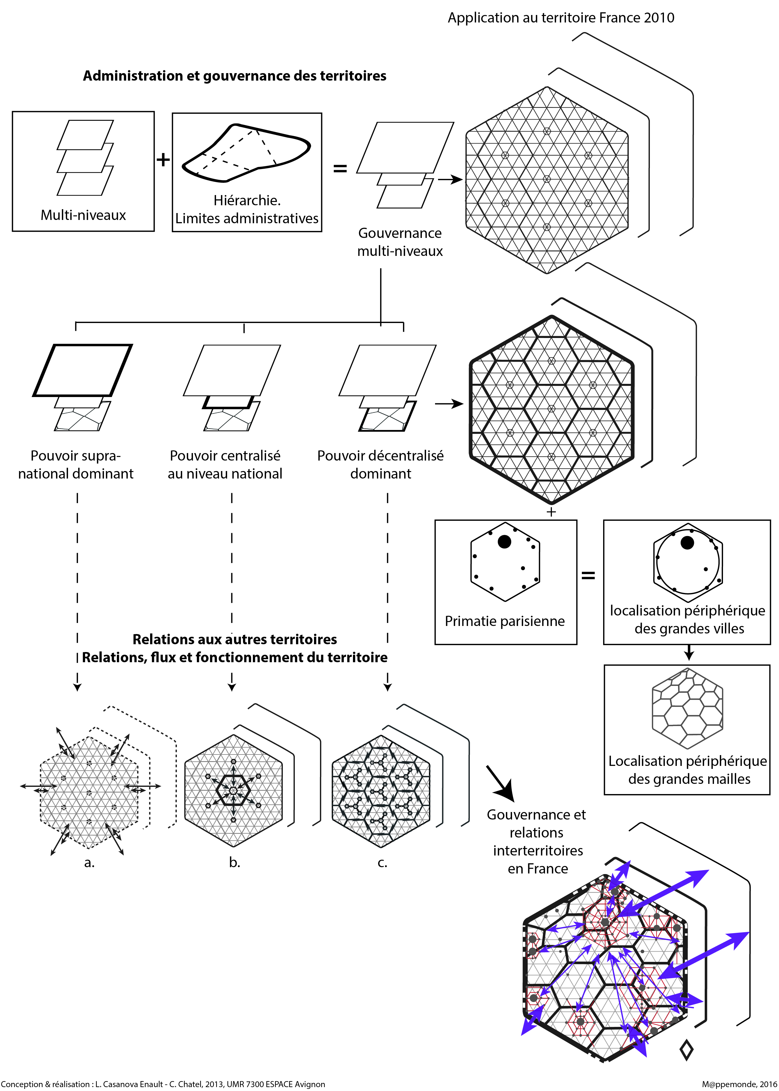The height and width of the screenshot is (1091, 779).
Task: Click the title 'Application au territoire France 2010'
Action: coord(561,18)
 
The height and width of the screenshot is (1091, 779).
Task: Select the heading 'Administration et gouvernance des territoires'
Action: coord(235,76)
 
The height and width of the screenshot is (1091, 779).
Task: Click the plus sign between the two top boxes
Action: coord(163,160)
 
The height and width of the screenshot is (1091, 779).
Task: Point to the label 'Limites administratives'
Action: coord(247,219)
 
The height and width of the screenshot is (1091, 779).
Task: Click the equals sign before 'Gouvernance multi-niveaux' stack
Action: coord(340,168)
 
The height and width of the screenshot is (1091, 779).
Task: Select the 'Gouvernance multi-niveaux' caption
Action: coord(400,242)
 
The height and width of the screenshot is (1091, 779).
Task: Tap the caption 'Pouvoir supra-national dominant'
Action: coord(76,464)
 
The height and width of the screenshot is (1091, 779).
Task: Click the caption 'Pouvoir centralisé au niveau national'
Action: coord(225,464)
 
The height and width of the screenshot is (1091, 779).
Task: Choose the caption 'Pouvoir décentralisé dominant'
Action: coord(381,464)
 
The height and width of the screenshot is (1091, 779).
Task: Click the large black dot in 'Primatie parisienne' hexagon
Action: coord(504,542)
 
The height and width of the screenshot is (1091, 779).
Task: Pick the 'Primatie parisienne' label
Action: coord(505,621)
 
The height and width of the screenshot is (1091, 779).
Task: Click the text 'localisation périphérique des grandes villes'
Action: coord(688,619)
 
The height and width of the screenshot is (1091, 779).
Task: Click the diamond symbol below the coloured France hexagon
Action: coord(686,1050)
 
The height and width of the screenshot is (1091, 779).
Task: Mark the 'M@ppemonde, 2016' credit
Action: coord(739,1084)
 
